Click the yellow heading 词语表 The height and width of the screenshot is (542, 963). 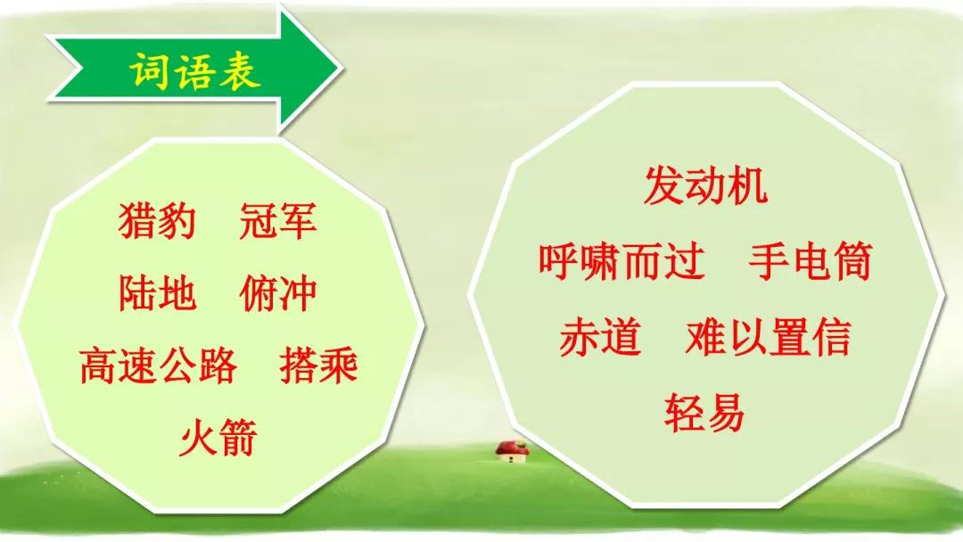(x=195, y=72)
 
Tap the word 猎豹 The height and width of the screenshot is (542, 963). (x=157, y=221)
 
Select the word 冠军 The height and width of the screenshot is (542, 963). (x=278, y=221)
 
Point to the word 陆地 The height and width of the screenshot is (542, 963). (x=157, y=292)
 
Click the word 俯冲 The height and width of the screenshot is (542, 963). (x=278, y=292)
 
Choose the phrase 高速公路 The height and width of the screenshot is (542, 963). (x=158, y=365)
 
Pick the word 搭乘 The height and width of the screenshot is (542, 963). (x=318, y=365)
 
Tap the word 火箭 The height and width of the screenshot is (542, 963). (x=218, y=437)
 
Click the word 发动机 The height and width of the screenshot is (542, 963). (x=705, y=186)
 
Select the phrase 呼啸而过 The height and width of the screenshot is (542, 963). (x=621, y=261)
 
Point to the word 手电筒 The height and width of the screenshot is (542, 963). (x=810, y=261)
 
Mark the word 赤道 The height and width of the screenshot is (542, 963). (x=600, y=336)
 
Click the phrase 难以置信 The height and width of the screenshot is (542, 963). (x=768, y=336)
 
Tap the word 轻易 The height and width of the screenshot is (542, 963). (x=704, y=412)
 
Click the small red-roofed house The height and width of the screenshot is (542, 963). (x=512, y=451)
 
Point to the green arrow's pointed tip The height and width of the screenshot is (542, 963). (x=341, y=69)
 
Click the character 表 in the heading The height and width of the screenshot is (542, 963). (x=241, y=72)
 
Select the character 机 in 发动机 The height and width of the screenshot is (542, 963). (x=748, y=186)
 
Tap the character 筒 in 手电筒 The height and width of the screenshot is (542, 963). (x=852, y=261)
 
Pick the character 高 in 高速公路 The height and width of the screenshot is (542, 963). (x=99, y=365)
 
